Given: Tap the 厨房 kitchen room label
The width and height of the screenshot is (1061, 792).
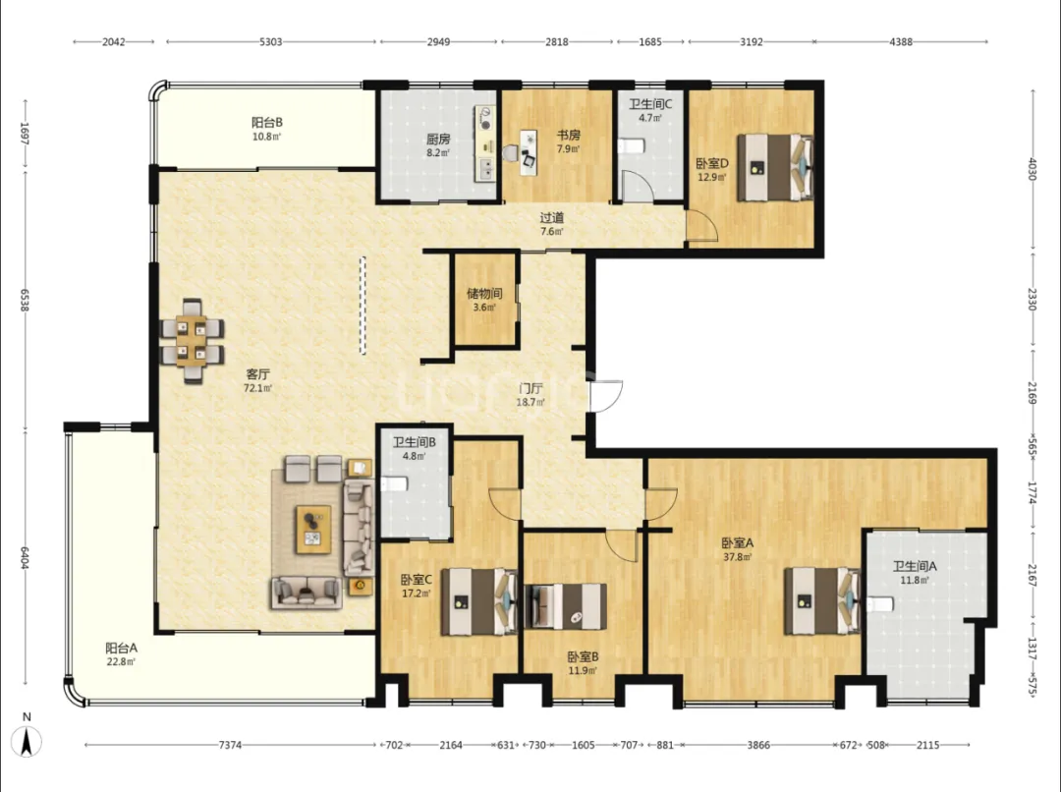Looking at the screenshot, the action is [x=438, y=140].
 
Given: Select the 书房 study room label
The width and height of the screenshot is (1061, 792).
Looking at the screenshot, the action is [x=569, y=136].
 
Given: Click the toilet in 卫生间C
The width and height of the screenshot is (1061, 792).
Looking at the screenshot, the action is [x=632, y=145].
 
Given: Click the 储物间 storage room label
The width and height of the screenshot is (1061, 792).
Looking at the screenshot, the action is [x=484, y=294].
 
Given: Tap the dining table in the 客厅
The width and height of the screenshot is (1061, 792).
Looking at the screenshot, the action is [x=193, y=341].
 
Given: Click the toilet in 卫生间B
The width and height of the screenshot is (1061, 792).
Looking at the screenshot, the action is [x=395, y=484].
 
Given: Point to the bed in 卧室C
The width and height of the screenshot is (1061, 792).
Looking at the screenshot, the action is [x=479, y=601].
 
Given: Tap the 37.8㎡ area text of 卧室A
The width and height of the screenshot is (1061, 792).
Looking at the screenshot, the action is [x=737, y=558].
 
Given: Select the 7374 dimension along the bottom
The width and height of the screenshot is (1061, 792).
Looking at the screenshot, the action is [x=230, y=745].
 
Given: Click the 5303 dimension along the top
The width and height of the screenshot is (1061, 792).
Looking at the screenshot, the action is [x=271, y=42].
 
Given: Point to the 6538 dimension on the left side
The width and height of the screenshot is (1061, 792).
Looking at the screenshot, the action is [x=25, y=301].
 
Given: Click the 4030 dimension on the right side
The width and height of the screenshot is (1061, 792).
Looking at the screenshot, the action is [x=1032, y=169].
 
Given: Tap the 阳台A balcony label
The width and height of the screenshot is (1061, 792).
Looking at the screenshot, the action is [x=121, y=648].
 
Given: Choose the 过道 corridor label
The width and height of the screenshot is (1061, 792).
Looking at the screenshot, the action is [x=551, y=218].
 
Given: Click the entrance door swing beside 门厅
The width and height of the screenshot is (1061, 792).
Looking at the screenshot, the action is [x=605, y=396].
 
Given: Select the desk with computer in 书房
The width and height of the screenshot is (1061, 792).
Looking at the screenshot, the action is [x=529, y=153].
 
